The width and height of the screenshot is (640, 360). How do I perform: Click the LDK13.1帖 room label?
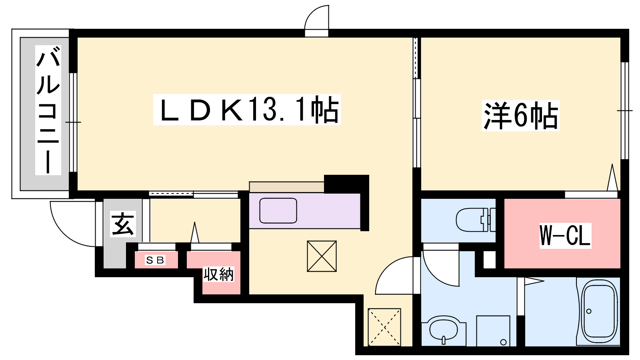(247, 110)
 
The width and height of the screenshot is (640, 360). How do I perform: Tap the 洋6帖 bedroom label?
(520, 116)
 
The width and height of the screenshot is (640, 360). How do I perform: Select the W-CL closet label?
(565, 236)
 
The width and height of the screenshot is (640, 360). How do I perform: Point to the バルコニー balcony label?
(48, 110)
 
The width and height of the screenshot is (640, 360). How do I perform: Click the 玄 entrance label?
(122, 224)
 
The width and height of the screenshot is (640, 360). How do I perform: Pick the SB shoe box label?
(155, 260)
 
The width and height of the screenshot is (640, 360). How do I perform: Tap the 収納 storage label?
(218, 274)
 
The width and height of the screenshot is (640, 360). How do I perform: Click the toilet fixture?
(476, 220)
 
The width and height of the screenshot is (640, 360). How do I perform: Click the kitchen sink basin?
(278, 210)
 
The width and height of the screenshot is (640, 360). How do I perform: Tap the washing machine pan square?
(493, 331)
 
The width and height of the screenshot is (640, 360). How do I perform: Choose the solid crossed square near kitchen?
(322, 256)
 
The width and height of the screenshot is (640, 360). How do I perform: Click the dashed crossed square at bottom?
(384, 327)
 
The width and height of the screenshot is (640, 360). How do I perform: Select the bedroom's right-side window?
(624, 110)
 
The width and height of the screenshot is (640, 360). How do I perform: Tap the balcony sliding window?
(74, 122)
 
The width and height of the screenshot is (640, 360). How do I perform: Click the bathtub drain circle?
(589, 311)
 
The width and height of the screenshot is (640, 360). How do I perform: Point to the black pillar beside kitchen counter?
(346, 184)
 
